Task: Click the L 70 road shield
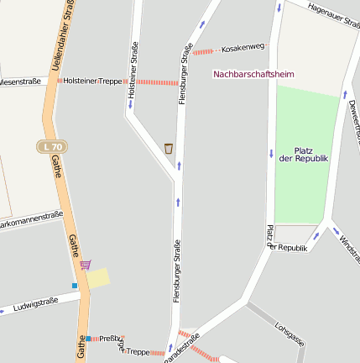click(x=50, y=147)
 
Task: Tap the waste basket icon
click(x=169, y=149)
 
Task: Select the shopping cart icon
click(x=85, y=264)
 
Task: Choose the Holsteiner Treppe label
click(x=92, y=81)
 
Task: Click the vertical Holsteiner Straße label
click(x=133, y=74)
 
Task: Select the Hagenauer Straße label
click(x=333, y=13)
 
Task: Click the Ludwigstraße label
click(x=36, y=303)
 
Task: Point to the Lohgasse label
click(x=290, y=334)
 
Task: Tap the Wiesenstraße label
click(x=18, y=82)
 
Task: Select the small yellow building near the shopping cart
click(x=98, y=278)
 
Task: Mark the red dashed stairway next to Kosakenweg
click(x=204, y=51)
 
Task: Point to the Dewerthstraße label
click(x=352, y=118)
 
